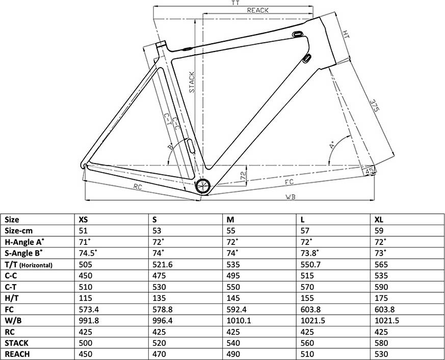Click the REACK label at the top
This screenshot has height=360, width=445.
pyautogui.click(x=257, y=10)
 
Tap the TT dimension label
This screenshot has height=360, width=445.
pyautogui.click(x=235, y=3)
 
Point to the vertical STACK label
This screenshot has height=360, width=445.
pyautogui.click(x=192, y=82)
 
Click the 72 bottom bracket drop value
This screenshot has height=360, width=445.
pyautogui.click(x=243, y=176)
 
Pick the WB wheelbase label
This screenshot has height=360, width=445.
pyautogui.click(x=291, y=196)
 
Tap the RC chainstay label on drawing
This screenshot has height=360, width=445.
pyautogui.click(x=137, y=187)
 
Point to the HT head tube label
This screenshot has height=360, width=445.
pyautogui.click(x=346, y=35)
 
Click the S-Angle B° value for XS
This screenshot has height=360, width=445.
pyautogui.click(x=88, y=253)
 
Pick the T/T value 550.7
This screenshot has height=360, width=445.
pyautogui.click(x=312, y=264)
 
